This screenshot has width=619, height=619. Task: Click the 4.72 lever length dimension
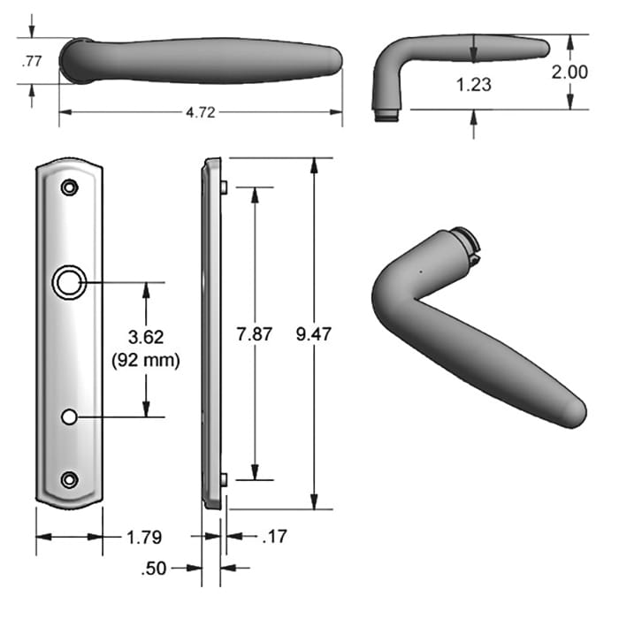pyautogui.click(x=200, y=113)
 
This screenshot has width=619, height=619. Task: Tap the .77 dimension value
pyautogui.click(x=31, y=61)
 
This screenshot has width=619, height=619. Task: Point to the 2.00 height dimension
pyautogui.click(x=569, y=72)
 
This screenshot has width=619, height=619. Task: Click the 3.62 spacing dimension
pyautogui.click(x=147, y=337)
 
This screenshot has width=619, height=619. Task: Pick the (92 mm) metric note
pyautogui.click(x=147, y=360)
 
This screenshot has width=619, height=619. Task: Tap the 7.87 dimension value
pyautogui.click(x=255, y=334)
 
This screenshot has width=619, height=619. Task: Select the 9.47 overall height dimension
pyautogui.click(x=314, y=334)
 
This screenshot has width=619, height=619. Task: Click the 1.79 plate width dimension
pyautogui.click(x=143, y=537)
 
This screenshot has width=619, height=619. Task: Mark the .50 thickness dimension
pyautogui.click(x=154, y=569)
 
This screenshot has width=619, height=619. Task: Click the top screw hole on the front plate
pyautogui.click(x=69, y=187)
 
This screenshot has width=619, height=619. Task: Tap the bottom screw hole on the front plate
pyautogui.click(x=69, y=479)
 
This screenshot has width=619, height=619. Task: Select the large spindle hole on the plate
pyautogui.click(x=67, y=282)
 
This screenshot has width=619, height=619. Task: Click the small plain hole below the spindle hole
pyautogui.click(x=69, y=416)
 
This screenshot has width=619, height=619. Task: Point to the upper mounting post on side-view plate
pyautogui.click(x=225, y=187)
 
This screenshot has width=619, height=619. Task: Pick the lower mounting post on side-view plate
pyautogui.click(x=225, y=479)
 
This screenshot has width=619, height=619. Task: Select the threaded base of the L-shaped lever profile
pyautogui.click(x=386, y=114)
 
